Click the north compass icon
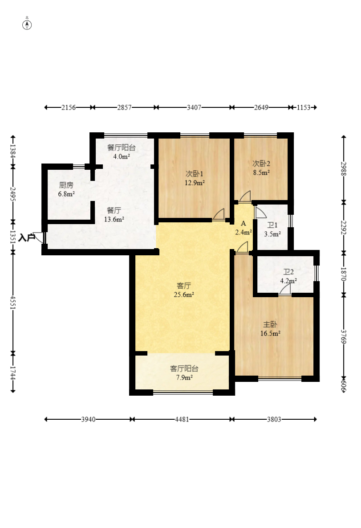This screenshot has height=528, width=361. click(x=27, y=25)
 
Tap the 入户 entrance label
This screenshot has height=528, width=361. click(x=27, y=238)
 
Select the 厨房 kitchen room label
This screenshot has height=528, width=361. click(x=66, y=185)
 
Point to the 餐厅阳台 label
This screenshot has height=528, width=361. click(x=122, y=147)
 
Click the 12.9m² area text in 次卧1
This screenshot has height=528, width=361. click(x=195, y=183)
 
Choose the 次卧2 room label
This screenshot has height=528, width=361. click(x=261, y=164)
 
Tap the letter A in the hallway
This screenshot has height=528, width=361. click(x=243, y=224)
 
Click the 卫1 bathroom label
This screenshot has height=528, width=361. click(x=272, y=225)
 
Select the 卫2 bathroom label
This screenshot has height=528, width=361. click(x=288, y=272)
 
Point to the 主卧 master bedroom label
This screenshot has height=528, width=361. click(x=270, y=324)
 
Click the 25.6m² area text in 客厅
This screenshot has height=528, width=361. click(x=184, y=295)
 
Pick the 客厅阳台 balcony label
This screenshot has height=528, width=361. click(x=184, y=368)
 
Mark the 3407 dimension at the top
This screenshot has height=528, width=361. click(x=194, y=107)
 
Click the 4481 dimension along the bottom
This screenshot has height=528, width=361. click(x=182, y=419)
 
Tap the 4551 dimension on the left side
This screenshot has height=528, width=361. click(x=13, y=303)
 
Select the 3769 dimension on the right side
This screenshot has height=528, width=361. click(x=344, y=336)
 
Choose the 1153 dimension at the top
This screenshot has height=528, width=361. click(x=304, y=107)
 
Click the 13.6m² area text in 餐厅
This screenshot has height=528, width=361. click(x=114, y=220)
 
